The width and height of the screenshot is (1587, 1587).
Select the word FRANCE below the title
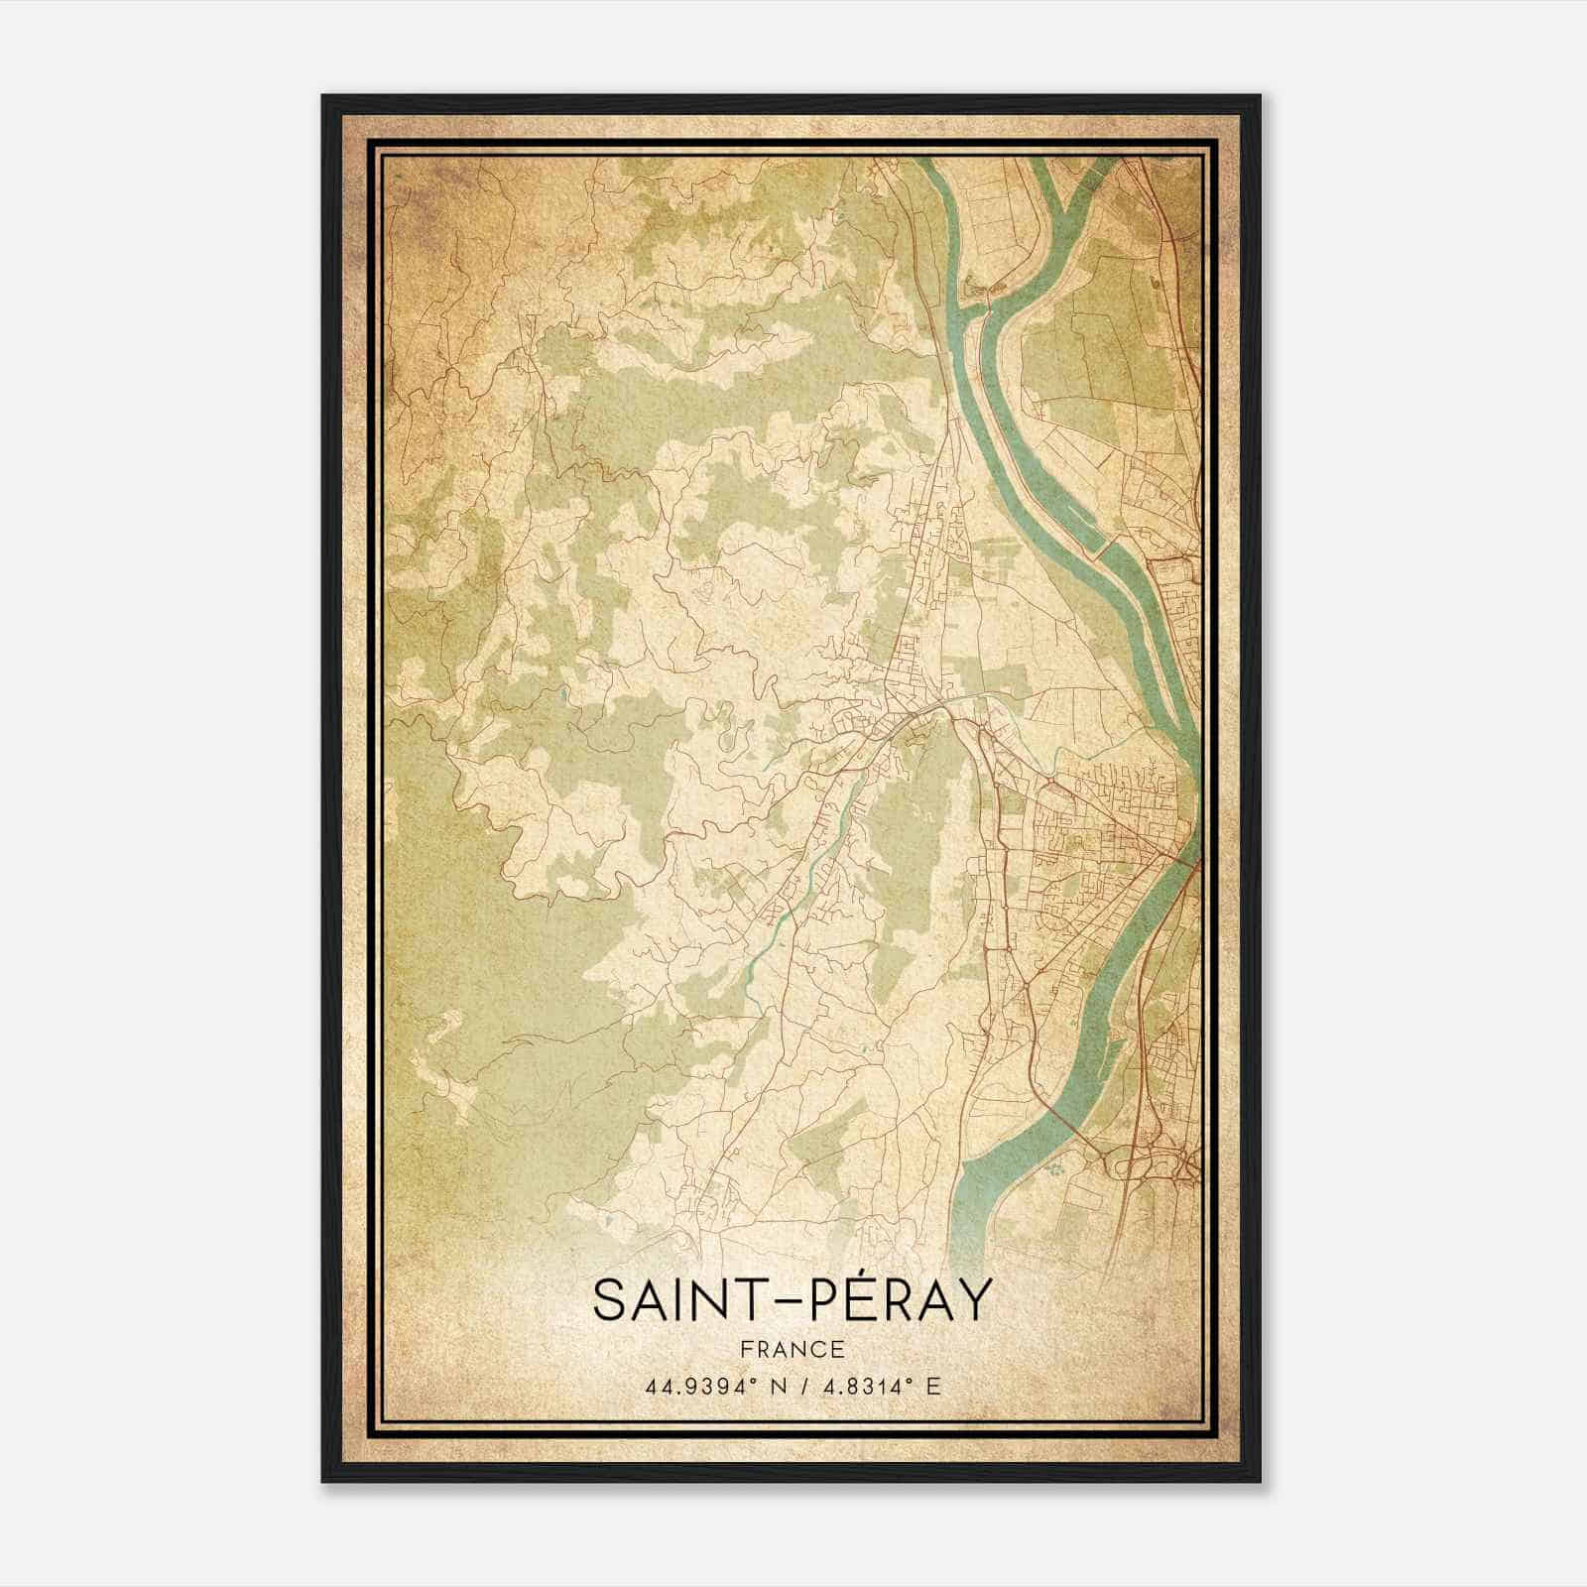click(x=793, y=1349)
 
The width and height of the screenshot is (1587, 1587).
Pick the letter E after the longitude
click(x=933, y=1387)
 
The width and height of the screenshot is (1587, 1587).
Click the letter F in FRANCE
click(x=746, y=1349)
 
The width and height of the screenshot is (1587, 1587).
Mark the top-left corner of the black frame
click(x=324, y=97)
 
